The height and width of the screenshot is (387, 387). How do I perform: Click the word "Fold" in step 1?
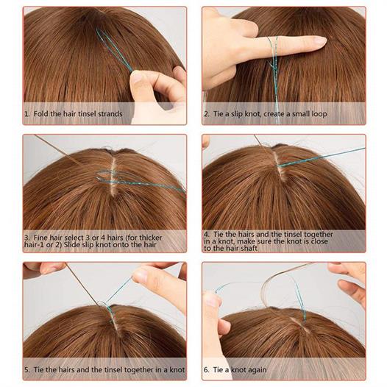tap(41, 114)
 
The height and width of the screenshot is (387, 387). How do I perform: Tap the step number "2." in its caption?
tap(207, 114)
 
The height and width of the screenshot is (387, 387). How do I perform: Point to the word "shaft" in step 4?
tap(249, 248)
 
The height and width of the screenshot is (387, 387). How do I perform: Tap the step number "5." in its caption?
tap(27, 370)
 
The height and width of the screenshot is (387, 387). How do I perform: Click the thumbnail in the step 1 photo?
tap(136, 77)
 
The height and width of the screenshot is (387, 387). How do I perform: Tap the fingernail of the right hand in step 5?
tap(140, 276)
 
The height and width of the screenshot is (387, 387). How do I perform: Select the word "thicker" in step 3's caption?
tap(150, 238)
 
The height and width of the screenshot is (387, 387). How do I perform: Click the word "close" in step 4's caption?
tap(319, 241)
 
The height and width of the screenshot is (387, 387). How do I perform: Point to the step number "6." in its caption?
tap(207, 370)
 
